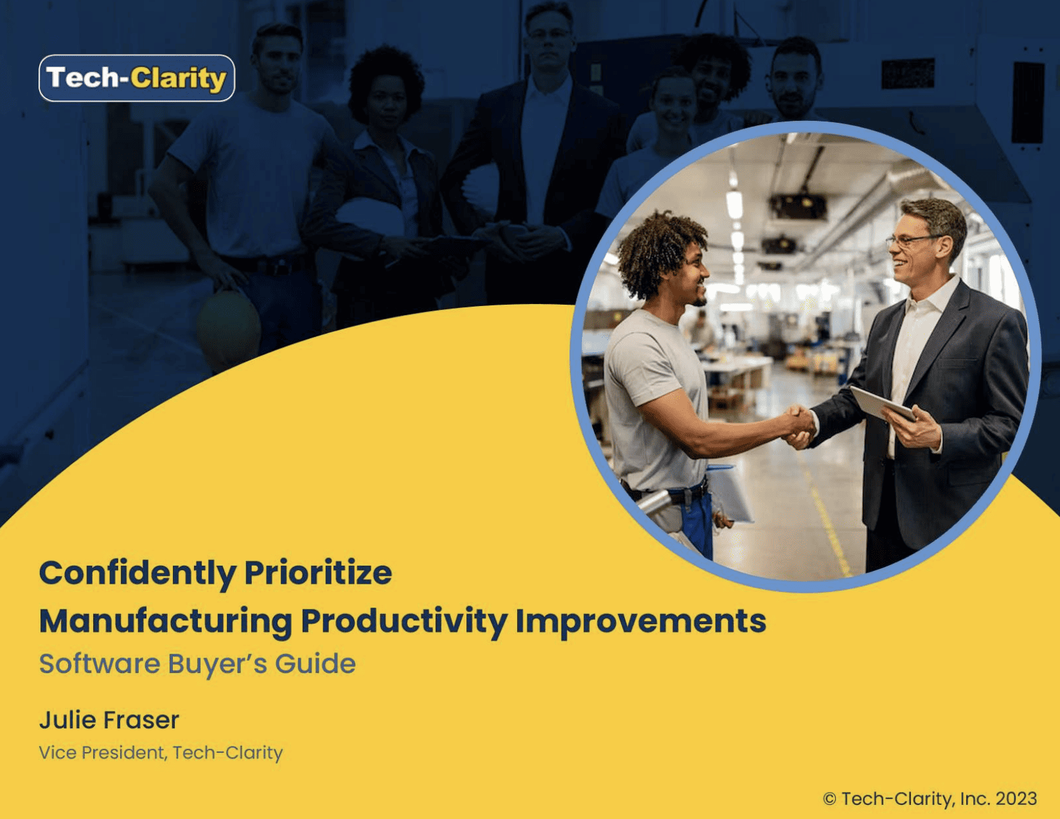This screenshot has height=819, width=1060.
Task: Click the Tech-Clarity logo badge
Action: coord(137,78)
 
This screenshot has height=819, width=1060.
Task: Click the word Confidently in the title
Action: coord(137,573)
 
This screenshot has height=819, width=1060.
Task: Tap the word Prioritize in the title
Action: coord(318,573)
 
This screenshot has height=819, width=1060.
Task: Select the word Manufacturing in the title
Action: coord(166,621)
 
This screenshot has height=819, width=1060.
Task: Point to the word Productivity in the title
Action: coord(404,621)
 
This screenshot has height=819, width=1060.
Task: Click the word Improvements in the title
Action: coord(640,621)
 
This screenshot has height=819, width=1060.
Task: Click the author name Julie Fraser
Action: coord(109,720)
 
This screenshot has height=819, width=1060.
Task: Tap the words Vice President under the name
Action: coord(102,752)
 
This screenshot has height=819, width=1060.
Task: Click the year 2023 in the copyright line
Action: coord(1016,798)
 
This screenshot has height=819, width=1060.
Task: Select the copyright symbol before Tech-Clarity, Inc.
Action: coord(829,799)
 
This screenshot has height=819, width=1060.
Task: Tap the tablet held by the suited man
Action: coord(881,403)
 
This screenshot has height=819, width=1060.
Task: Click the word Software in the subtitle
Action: coord(100,663)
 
